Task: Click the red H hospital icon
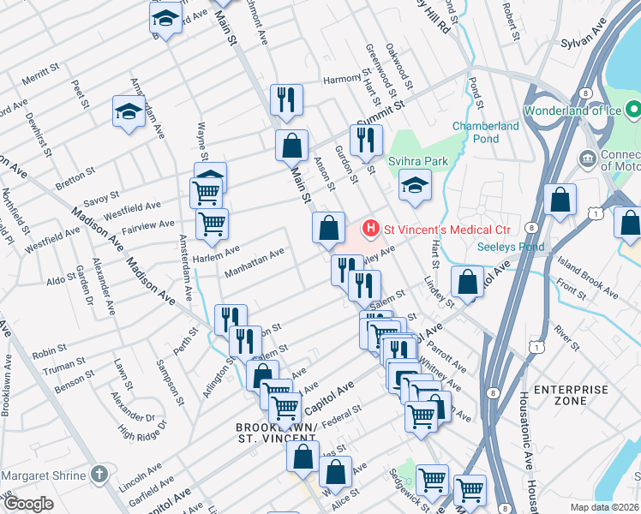(371, 229)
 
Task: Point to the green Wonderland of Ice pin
(633, 111)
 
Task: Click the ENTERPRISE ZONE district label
(571, 396)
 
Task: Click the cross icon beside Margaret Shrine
(100, 475)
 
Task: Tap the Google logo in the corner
(28, 504)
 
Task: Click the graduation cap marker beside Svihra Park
(414, 187)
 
